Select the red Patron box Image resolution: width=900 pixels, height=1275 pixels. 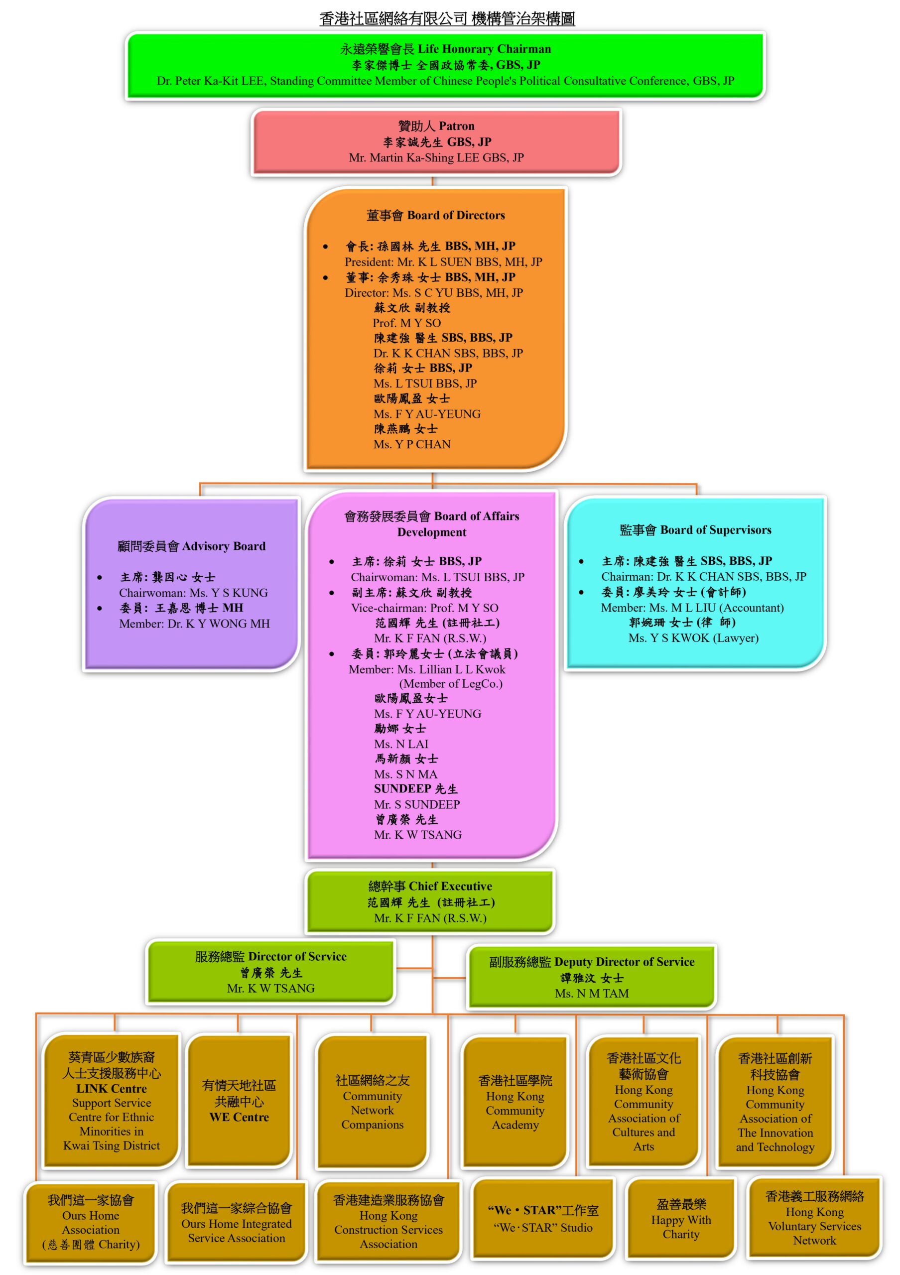click(x=436, y=141)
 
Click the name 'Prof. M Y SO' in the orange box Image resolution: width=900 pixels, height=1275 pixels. click(x=406, y=323)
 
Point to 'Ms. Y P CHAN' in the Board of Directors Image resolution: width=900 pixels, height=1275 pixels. click(x=412, y=444)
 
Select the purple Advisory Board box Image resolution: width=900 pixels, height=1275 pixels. click(x=191, y=584)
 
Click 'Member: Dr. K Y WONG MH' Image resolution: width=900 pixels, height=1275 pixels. click(x=194, y=624)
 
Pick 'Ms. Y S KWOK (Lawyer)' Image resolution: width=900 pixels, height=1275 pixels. click(x=693, y=638)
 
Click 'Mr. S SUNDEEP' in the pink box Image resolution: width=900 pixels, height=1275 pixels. click(x=417, y=804)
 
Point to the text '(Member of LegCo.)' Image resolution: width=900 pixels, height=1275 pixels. click(x=451, y=684)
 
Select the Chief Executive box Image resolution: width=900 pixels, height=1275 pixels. click(x=430, y=902)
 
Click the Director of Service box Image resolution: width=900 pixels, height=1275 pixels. click(x=271, y=972)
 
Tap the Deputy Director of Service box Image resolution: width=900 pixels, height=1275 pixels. click(x=592, y=977)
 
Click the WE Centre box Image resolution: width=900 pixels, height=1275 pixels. click(x=239, y=1101)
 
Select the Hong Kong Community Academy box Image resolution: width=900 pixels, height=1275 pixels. click(x=515, y=1102)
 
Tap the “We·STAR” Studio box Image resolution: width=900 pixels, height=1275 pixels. click(x=543, y=1218)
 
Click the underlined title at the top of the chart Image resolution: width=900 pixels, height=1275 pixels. click(x=447, y=18)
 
